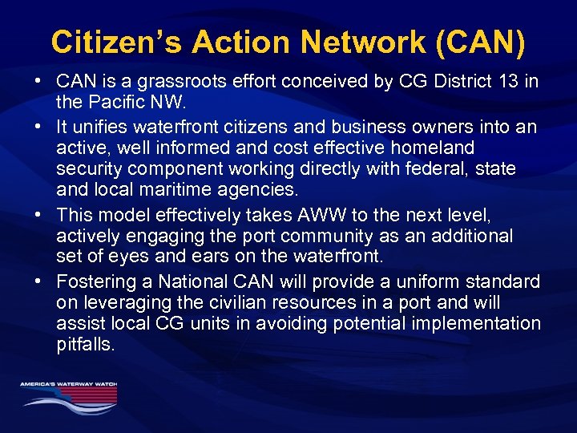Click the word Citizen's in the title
pos(101,42)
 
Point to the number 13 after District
pos(510,82)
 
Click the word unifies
pos(104,127)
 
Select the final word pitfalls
pos(86,345)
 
